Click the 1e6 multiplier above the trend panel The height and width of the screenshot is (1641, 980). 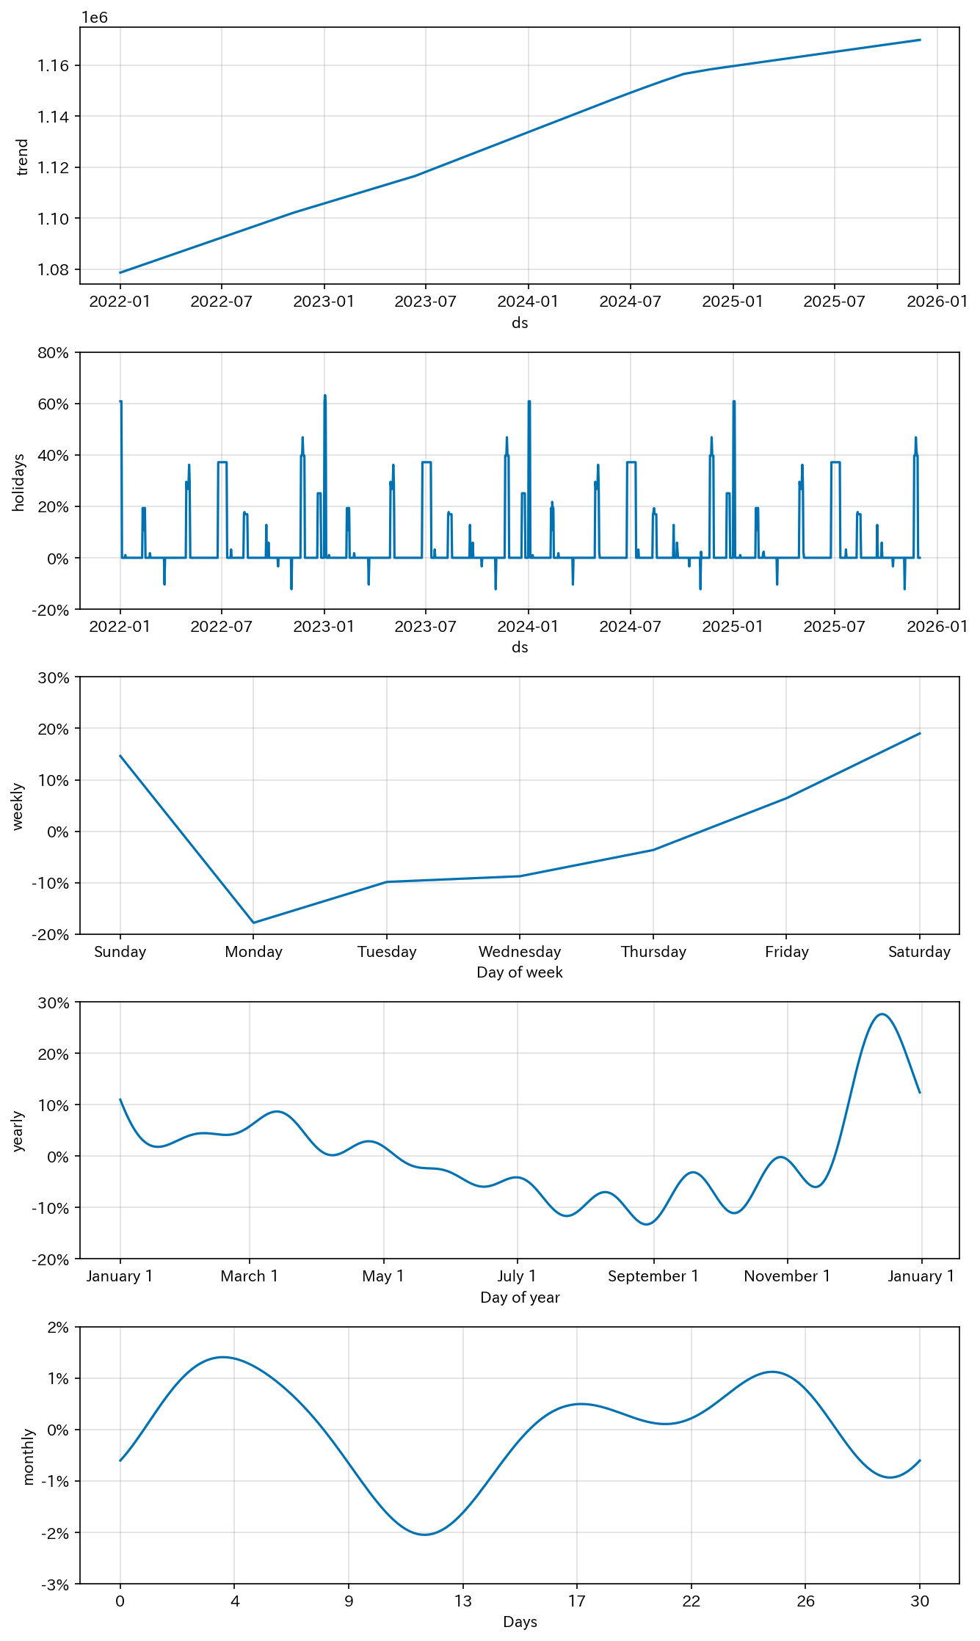[94, 17]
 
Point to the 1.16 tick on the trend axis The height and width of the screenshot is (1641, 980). [53, 66]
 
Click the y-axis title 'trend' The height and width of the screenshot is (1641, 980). [23, 156]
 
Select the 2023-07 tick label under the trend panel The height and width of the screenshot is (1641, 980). [425, 302]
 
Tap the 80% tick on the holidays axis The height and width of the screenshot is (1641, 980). [53, 353]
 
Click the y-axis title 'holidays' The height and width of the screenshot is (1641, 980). [19, 482]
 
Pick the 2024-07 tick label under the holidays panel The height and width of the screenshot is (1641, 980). [630, 627]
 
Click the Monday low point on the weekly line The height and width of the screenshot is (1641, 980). [253, 923]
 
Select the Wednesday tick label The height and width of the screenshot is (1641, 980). [520, 952]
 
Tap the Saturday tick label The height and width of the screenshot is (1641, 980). [919, 952]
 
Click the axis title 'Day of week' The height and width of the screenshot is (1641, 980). [520, 972]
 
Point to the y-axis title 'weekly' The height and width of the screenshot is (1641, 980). [18, 807]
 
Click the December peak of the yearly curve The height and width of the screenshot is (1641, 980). [882, 1014]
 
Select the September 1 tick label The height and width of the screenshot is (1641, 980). [653, 1276]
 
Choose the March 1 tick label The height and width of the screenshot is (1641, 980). [250, 1276]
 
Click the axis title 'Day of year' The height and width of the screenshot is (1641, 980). [520, 1298]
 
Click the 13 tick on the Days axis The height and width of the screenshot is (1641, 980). [462, 1601]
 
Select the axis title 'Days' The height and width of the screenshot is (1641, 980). [520, 1622]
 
